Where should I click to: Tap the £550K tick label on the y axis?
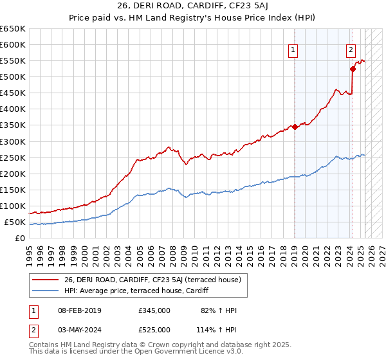[x=13, y=61]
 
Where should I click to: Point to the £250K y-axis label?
[x=13, y=157]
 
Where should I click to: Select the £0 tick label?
[x=20, y=239]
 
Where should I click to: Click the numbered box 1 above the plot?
[x=293, y=51]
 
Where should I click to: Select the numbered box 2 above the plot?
[x=351, y=51]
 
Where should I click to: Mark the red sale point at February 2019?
[x=295, y=127]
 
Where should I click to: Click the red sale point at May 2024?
[x=353, y=68]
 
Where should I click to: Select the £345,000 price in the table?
[x=154, y=310]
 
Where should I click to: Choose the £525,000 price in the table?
[x=154, y=330]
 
